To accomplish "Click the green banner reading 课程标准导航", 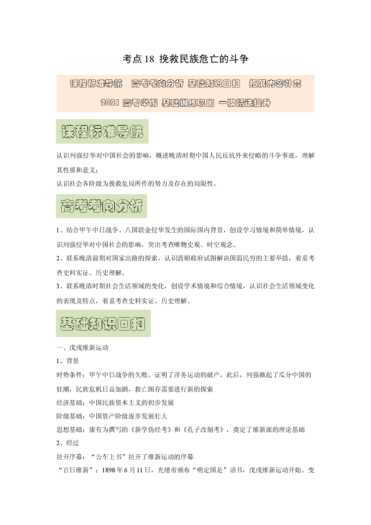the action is (102, 131).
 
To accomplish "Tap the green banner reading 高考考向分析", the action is (101, 206).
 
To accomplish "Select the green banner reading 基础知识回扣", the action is (103, 324).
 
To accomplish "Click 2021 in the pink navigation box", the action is (110, 103).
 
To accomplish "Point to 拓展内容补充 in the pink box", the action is (275, 84).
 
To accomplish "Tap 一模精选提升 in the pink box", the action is (244, 103).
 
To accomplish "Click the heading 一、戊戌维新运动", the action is (83, 348).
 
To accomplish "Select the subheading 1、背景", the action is (68, 361).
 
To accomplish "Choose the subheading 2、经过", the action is (68, 443).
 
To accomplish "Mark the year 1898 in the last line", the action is (109, 470).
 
